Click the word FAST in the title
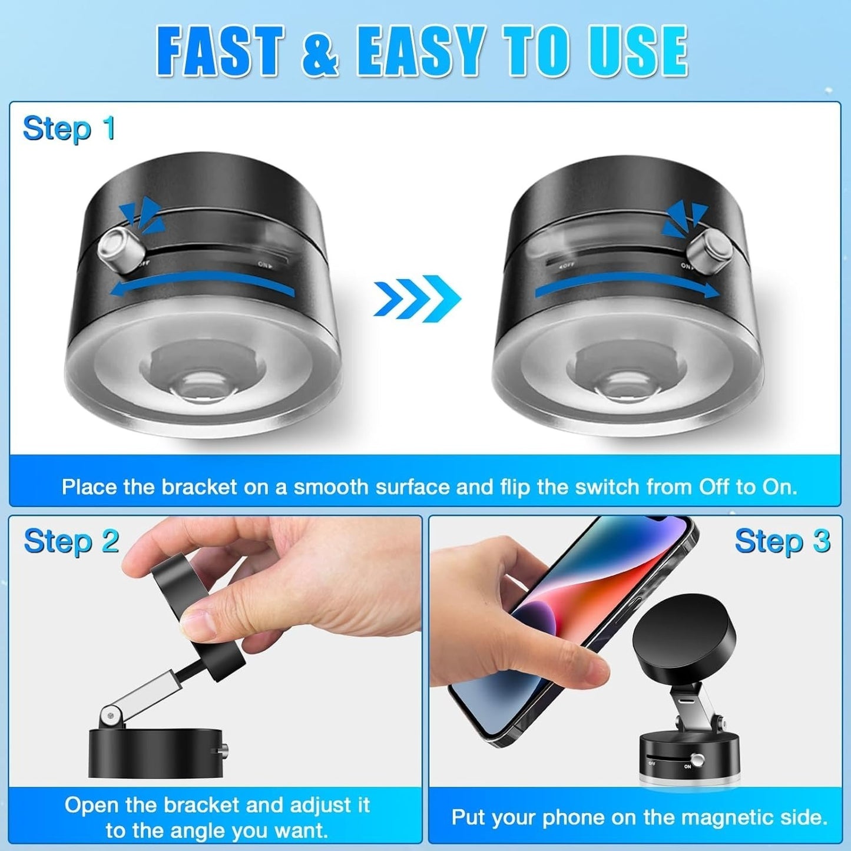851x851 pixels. point(220,52)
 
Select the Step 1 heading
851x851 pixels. point(69,129)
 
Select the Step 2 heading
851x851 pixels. point(71,541)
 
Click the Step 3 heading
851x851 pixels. point(782,541)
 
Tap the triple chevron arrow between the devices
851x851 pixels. point(417,298)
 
